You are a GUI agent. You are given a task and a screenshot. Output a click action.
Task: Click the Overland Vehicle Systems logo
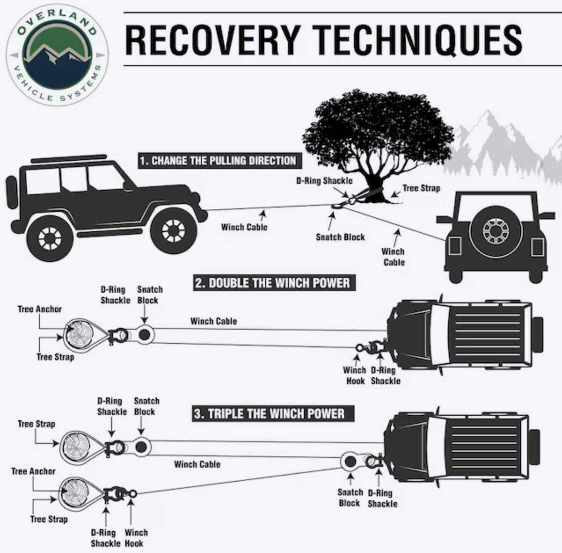(x=57, y=55)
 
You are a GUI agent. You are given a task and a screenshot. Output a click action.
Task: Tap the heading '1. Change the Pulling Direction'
(x=218, y=161)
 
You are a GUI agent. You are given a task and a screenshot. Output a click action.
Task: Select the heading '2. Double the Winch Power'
(x=272, y=283)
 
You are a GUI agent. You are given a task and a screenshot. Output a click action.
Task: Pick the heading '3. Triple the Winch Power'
(x=269, y=414)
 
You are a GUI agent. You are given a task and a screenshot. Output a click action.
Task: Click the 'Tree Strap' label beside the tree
(x=421, y=188)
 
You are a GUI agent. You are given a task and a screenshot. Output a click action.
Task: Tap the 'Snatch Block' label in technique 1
(x=340, y=237)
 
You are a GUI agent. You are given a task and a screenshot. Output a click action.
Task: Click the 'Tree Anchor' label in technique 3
(x=33, y=471)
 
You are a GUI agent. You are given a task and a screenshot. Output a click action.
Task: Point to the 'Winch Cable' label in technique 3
(x=197, y=464)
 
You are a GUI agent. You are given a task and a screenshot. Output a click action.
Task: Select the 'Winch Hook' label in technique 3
(x=135, y=538)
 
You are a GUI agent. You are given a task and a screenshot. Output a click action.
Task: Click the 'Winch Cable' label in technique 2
(x=214, y=321)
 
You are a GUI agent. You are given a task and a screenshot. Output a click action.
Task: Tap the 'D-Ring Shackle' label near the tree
(x=324, y=180)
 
